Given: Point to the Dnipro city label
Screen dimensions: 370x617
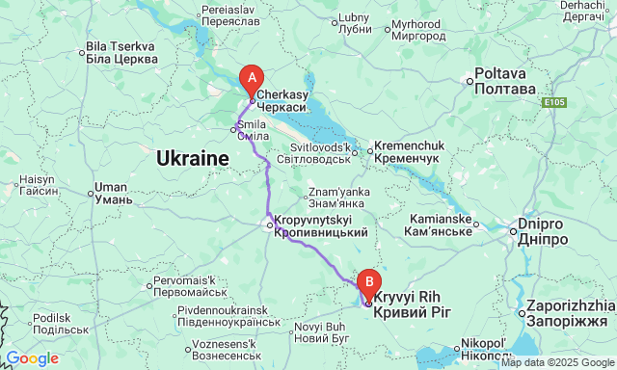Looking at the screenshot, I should coord(545,227).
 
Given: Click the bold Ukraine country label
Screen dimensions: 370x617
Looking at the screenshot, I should coord(192,157).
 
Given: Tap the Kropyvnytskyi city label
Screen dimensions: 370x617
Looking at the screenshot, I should coord(321,226).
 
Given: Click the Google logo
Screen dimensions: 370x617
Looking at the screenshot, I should coord(31,358).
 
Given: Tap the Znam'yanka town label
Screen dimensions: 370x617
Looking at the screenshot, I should coord(336,198).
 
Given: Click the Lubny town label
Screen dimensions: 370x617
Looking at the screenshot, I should coord(355,22).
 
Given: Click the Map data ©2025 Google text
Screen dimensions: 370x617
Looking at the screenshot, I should coord(556,362).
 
